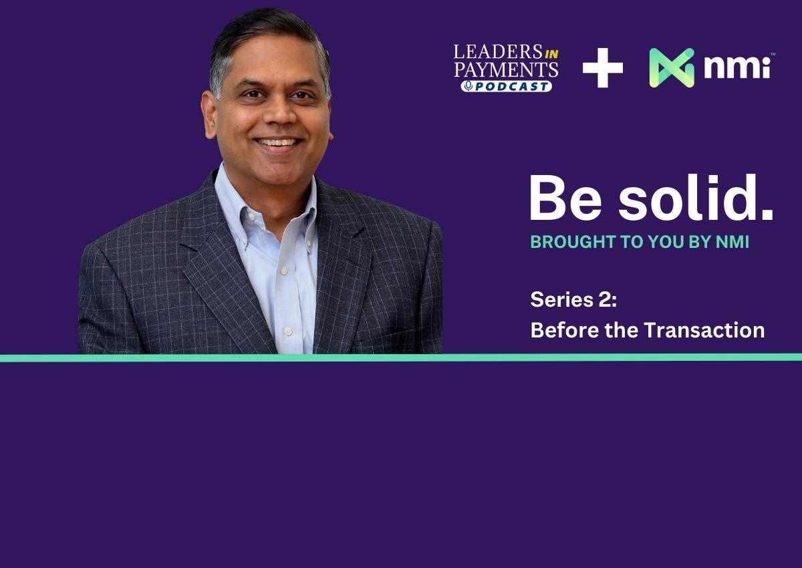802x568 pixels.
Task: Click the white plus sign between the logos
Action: pyautogui.click(x=603, y=67)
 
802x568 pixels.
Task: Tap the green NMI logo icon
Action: pyautogui.click(x=672, y=67)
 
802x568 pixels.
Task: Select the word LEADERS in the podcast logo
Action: pyautogui.click(x=498, y=52)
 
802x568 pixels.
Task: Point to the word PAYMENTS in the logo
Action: pyautogui.click(x=507, y=69)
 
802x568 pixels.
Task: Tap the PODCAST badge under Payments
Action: pyautogui.click(x=507, y=86)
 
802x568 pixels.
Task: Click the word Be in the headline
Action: pyautogui.click(x=565, y=198)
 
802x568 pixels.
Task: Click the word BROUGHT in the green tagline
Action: pyautogui.click(x=573, y=242)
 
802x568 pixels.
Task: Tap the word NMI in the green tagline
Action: pyautogui.click(x=732, y=242)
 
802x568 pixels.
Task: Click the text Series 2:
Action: pyautogui.click(x=573, y=299)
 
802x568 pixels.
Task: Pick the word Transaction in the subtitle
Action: pyautogui.click(x=704, y=330)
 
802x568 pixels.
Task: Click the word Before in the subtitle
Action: pyautogui.click(x=564, y=330)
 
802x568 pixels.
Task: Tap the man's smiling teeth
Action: pyautogui.click(x=278, y=142)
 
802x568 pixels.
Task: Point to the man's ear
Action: pyautogui.click(x=209, y=114)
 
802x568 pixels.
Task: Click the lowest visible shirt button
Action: pyautogui.click(x=288, y=331)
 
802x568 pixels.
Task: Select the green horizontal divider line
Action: pyautogui.click(x=401, y=358)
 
